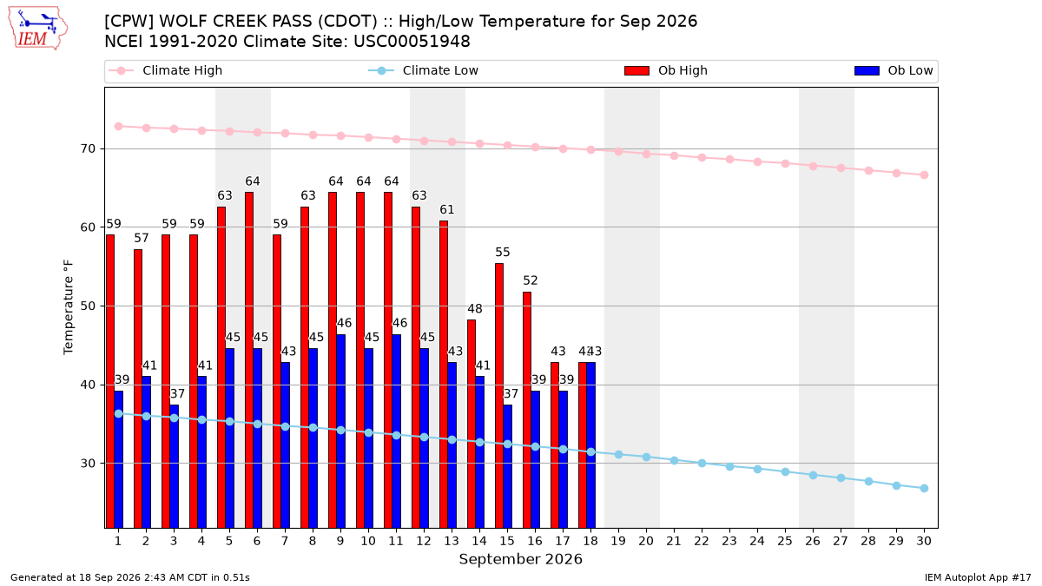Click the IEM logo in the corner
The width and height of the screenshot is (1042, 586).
click(37, 29)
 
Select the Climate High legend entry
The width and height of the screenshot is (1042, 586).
click(165, 70)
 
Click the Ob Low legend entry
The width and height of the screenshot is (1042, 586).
click(894, 70)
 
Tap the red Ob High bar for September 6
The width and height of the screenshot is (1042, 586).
click(249, 360)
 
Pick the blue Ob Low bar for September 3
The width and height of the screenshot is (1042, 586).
click(174, 466)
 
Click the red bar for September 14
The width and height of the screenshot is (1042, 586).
click(472, 424)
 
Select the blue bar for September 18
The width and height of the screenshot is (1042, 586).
click(590, 445)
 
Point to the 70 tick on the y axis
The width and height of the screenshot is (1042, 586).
click(88, 148)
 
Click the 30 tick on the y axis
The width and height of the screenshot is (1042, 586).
click(88, 464)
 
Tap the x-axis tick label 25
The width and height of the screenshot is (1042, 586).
click(785, 541)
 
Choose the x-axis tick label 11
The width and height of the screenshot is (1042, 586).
click(396, 541)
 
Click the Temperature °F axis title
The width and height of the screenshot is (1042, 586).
click(68, 307)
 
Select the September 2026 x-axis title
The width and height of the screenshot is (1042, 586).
click(520, 559)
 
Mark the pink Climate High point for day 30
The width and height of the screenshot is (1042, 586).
click(924, 174)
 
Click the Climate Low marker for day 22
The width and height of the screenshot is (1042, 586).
click(702, 464)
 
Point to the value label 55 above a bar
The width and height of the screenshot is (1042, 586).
click(503, 252)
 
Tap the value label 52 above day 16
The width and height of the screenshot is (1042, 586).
click(531, 280)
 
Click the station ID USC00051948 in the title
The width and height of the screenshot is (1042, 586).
click(412, 42)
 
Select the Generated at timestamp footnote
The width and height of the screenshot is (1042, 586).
click(129, 577)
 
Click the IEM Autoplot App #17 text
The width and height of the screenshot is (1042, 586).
click(978, 577)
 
